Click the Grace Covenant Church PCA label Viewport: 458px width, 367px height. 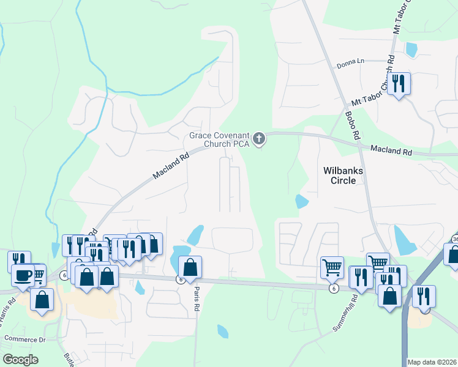[219, 139]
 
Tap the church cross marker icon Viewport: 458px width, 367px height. [259, 139]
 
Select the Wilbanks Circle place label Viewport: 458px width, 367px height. [343, 176]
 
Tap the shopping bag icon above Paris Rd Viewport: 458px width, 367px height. [190, 267]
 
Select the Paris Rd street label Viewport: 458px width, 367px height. [197, 297]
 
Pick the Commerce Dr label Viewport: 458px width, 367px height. [25, 338]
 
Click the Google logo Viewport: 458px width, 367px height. [20, 360]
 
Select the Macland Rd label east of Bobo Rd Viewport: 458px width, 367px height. [391, 150]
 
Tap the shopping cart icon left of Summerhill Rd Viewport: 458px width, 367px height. [332, 267]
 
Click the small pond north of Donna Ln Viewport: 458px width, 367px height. [411, 49]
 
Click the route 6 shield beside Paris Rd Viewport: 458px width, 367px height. [181, 280]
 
